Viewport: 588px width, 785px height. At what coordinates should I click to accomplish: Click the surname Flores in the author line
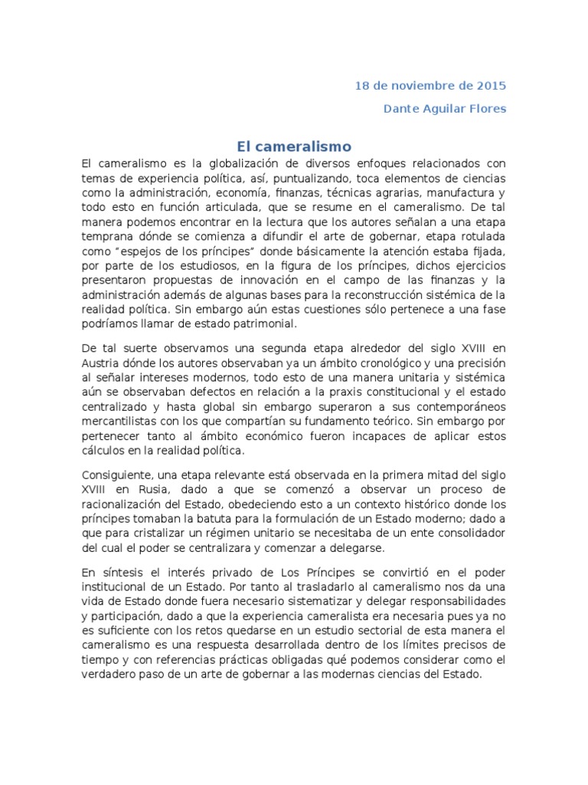[488, 108]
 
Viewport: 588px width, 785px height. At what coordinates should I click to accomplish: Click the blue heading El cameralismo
[293, 146]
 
